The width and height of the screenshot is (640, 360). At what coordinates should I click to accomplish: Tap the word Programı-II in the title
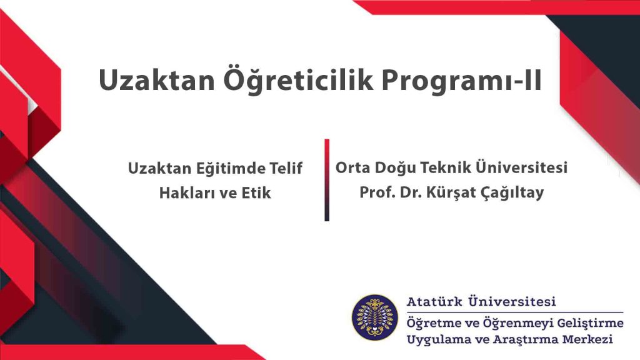[x=462, y=81]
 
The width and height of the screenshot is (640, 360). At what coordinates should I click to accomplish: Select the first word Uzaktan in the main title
[x=157, y=80]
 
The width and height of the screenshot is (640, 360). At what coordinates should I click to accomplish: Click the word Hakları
[x=187, y=192]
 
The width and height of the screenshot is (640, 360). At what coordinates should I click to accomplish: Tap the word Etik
[x=256, y=192]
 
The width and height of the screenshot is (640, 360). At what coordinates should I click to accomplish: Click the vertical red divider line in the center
[x=327, y=180]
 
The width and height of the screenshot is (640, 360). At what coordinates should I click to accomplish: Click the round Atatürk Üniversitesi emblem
[x=375, y=317]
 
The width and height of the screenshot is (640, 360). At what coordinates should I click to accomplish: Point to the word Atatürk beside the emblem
[x=434, y=302]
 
